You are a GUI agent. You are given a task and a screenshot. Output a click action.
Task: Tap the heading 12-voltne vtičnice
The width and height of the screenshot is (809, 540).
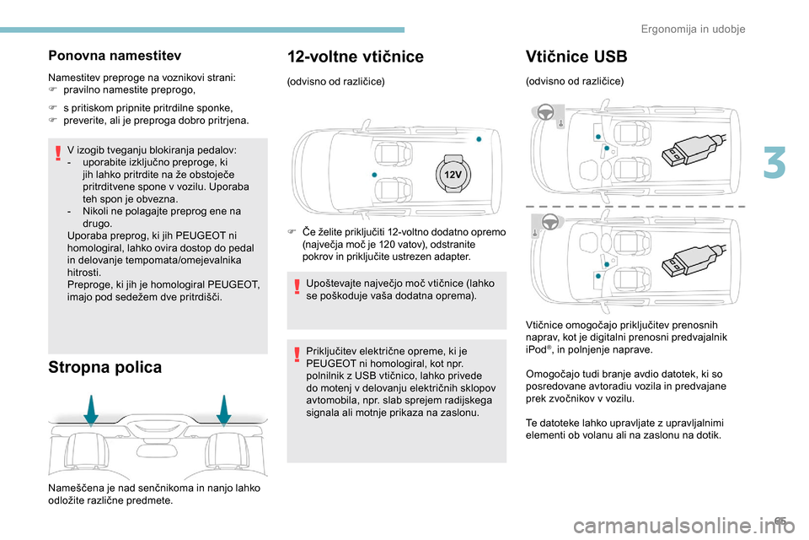[356, 57]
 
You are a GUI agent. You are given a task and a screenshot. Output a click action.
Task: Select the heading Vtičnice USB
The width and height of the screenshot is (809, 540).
[576, 57]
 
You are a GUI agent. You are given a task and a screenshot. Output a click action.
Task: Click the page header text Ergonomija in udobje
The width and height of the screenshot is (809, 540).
[694, 29]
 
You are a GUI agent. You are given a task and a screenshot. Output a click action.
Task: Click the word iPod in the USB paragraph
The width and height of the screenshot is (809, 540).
[536, 349]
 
